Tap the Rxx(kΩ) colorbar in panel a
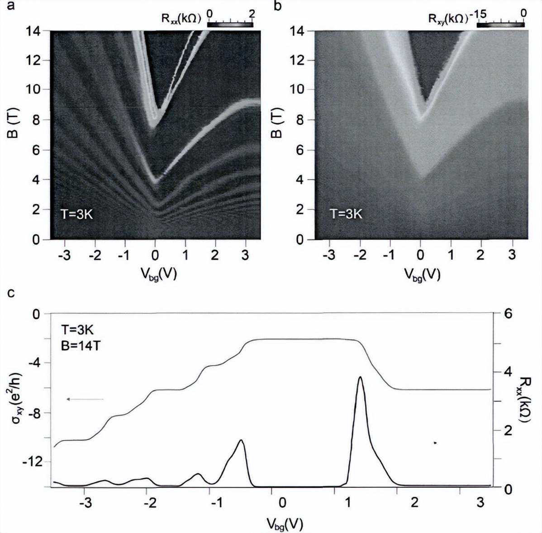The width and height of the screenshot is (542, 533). (230, 24)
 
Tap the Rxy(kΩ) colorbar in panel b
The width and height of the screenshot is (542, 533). (500, 24)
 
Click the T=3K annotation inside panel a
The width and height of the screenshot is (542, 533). (76, 214)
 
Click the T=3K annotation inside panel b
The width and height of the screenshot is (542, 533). (346, 214)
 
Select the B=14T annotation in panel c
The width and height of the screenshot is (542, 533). (79, 345)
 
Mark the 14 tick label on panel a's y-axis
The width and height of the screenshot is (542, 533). (34, 31)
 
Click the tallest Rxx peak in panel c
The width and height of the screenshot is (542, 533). (360, 377)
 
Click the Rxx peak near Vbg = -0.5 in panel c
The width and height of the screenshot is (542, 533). (242, 440)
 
